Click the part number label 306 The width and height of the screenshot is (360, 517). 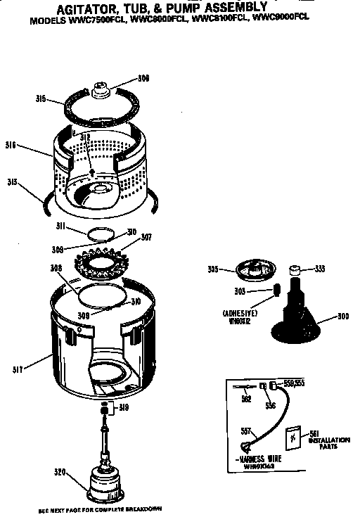pos(143,78)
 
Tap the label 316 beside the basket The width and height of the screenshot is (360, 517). pos(11,145)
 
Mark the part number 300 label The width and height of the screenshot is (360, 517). pos(342,317)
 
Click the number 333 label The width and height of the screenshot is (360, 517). pos(320,268)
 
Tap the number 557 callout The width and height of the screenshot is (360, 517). pos(245,430)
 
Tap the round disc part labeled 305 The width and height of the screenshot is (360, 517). pos(255,269)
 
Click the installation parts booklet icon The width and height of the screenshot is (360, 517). pos(294,438)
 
